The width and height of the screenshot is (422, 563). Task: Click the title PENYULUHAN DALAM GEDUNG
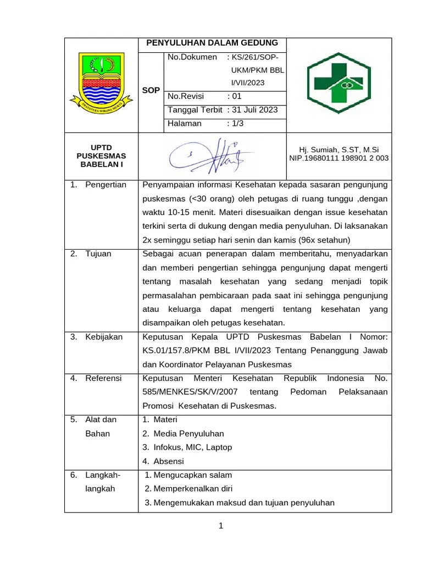(212, 43)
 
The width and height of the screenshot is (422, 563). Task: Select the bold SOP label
(151, 90)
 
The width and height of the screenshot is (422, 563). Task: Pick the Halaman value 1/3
(237, 124)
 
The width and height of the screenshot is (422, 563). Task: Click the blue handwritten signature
(211, 155)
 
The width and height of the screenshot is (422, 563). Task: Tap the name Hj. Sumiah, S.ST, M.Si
(338, 150)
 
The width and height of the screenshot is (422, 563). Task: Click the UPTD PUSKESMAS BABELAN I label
(101, 156)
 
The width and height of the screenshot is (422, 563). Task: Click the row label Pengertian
(105, 185)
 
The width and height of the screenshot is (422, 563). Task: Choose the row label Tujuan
(98, 254)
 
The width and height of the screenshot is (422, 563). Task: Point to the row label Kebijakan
(104, 337)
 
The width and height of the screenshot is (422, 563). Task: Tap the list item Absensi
(168, 461)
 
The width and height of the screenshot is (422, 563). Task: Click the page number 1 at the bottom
(220, 527)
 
